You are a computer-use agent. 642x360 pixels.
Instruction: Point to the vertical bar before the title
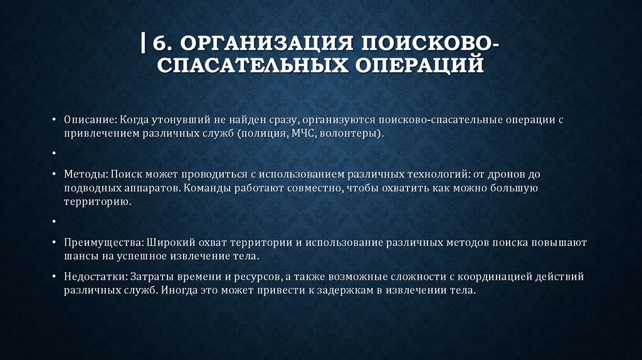click(144, 45)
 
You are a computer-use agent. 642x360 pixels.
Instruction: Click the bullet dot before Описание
click(56, 120)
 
